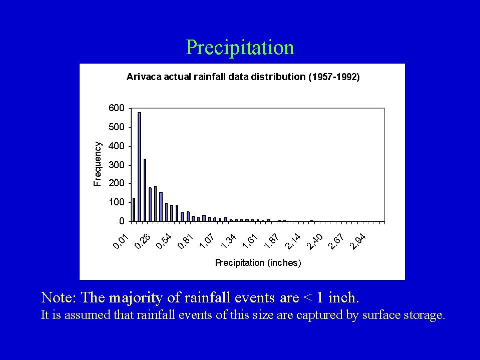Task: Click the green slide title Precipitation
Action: (240, 48)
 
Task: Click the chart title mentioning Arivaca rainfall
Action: (243, 77)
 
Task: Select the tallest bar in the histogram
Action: (139, 167)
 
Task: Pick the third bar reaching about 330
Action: (145, 190)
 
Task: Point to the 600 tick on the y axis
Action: (116, 108)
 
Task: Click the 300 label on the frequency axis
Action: (116, 165)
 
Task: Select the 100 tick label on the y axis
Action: (116, 202)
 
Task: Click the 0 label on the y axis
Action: (122, 221)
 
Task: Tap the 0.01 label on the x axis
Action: (121, 242)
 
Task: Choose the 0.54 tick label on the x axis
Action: (164, 242)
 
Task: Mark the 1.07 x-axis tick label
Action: (207, 242)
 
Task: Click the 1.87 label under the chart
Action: (271, 242)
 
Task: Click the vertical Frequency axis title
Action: (97, 164)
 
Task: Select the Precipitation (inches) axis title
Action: (258, 263)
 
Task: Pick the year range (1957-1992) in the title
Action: (334, 77)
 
